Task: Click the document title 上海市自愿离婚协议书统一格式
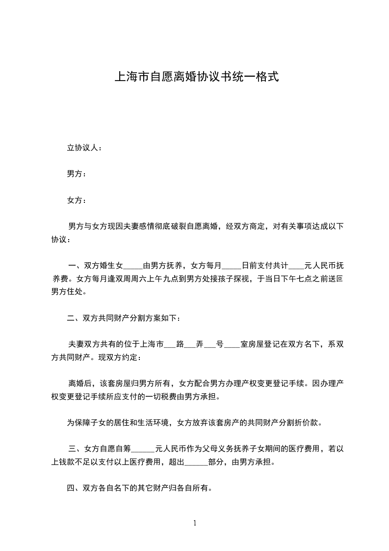tap(196, 77)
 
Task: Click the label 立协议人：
tap(84, 147)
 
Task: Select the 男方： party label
tap(77, 174)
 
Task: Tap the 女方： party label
tap(77, 200)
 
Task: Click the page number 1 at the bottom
tap(195, 523)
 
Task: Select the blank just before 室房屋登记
tap(233, 345)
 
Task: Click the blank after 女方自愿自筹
tap(144, 449)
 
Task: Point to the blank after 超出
tap(196, 462)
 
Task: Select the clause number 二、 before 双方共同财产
tap(75, 318)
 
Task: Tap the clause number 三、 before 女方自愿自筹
tap(76, 448)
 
